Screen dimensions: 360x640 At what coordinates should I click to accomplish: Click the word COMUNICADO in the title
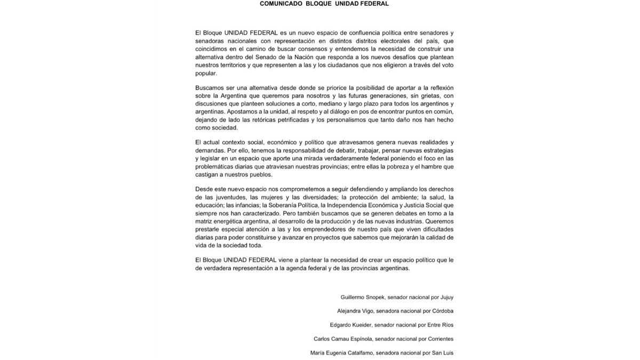(281, 4)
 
